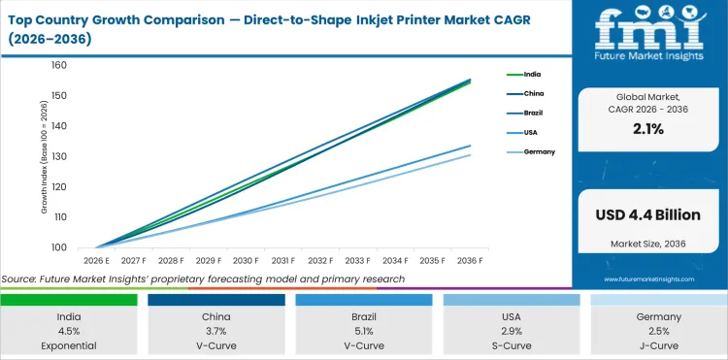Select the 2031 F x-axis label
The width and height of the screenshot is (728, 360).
tap(283, 261)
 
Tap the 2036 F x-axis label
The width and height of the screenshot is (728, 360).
tap(471, 261)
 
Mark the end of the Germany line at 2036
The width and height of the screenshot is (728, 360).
tap(471, 155)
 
